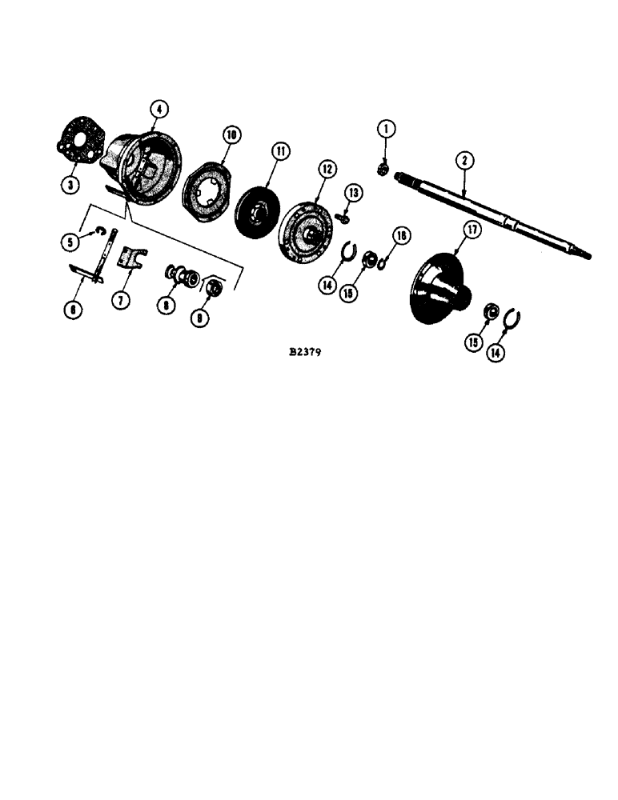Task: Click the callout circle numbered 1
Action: (x=385, y=128)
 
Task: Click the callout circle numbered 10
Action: (x=231, y=135)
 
